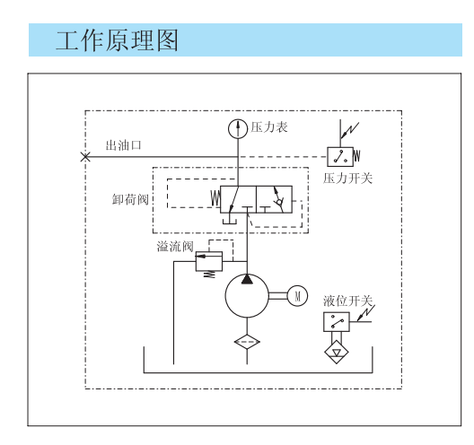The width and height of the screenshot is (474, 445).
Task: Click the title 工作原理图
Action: pyautogui.click(x=117, y=40)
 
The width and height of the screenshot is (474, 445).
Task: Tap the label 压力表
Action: pyautogui.click(x=269, y=127)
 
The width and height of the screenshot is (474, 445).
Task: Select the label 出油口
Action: pyautogui.click(x=123, y=145)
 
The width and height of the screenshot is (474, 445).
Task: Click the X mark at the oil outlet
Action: pyautogui.click(x=85, y=157)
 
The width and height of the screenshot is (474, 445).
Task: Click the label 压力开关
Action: pyautogui.click(x=347, y=179)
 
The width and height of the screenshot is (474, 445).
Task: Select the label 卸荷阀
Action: pyautogui.click(x=130, y=199)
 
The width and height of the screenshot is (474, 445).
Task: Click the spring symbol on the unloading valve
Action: pyautogui.click(x=215, y=198)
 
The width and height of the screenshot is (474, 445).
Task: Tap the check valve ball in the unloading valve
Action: pyautogui.click(x=279, y=201)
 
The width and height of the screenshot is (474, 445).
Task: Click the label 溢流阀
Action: pyautogui.click(x=175, y=247)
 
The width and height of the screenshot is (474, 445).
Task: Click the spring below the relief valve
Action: pyautogui.click(x=209, y=275)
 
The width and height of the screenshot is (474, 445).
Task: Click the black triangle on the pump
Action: pyautogui.click(x=247, y=279)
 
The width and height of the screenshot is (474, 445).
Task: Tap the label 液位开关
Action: pyautogui.click(x=347, y=301)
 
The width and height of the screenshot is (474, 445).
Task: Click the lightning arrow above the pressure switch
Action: pyautogui.click(x=350, y=130)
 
